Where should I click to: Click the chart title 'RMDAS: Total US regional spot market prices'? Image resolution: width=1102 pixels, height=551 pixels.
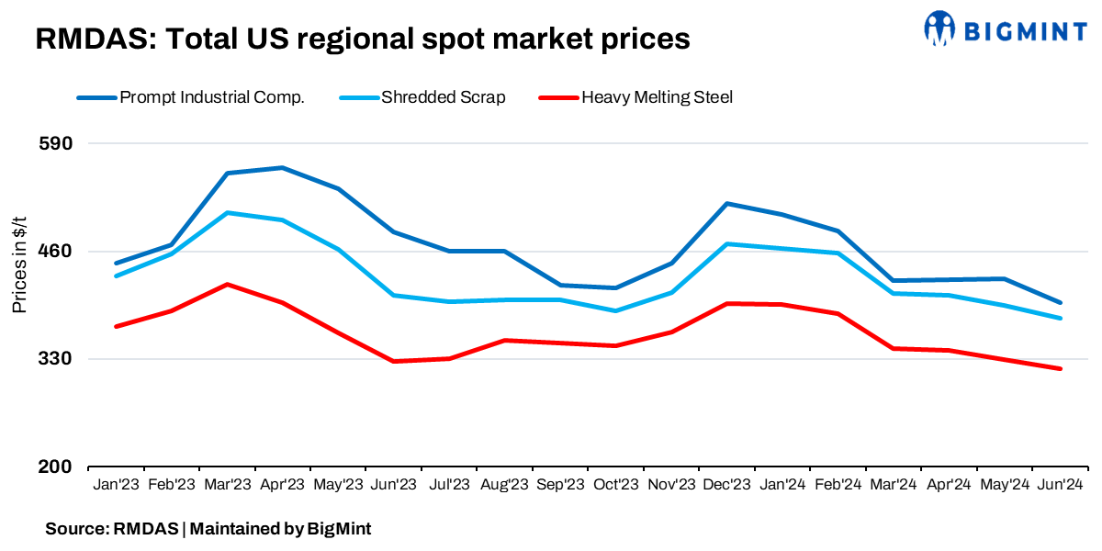(x=362, y=39)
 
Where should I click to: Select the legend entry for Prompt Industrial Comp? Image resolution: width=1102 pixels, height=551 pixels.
(x=211, y=97)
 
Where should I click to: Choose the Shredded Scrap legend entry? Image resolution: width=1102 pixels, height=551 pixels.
(x=443, y=97)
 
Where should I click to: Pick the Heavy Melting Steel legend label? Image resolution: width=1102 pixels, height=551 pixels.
(x=657, y=97)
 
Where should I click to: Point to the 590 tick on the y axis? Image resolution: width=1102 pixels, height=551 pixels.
(x=57, y=144)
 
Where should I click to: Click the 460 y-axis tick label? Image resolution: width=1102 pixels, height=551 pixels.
(x=57, y=252)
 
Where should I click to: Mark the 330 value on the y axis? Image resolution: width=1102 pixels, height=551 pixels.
(x=57, y=359)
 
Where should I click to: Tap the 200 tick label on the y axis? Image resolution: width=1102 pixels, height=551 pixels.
(x=57, y=467)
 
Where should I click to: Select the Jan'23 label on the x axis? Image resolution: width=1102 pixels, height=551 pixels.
(x=116, y=484)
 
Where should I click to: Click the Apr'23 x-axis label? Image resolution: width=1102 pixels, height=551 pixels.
(x=282, y=484)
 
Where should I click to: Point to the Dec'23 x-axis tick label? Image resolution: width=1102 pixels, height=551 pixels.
(x=726, y=484)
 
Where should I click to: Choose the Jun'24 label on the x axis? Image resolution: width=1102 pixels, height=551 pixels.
(x=1060, y=484)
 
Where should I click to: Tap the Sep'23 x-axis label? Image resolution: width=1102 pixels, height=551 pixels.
(x=560, y=484)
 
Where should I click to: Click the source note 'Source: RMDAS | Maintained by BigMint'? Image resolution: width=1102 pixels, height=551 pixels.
(x=208, y=529)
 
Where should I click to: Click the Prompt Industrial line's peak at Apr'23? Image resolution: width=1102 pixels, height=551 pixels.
(x=282, y=168)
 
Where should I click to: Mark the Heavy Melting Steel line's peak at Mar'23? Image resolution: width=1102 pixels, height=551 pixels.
(x=227, y=285)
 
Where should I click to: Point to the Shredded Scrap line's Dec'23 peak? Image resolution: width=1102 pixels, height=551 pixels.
(x=726, y=244)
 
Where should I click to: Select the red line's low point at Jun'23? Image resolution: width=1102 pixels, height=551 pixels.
(x=393, y=361)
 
